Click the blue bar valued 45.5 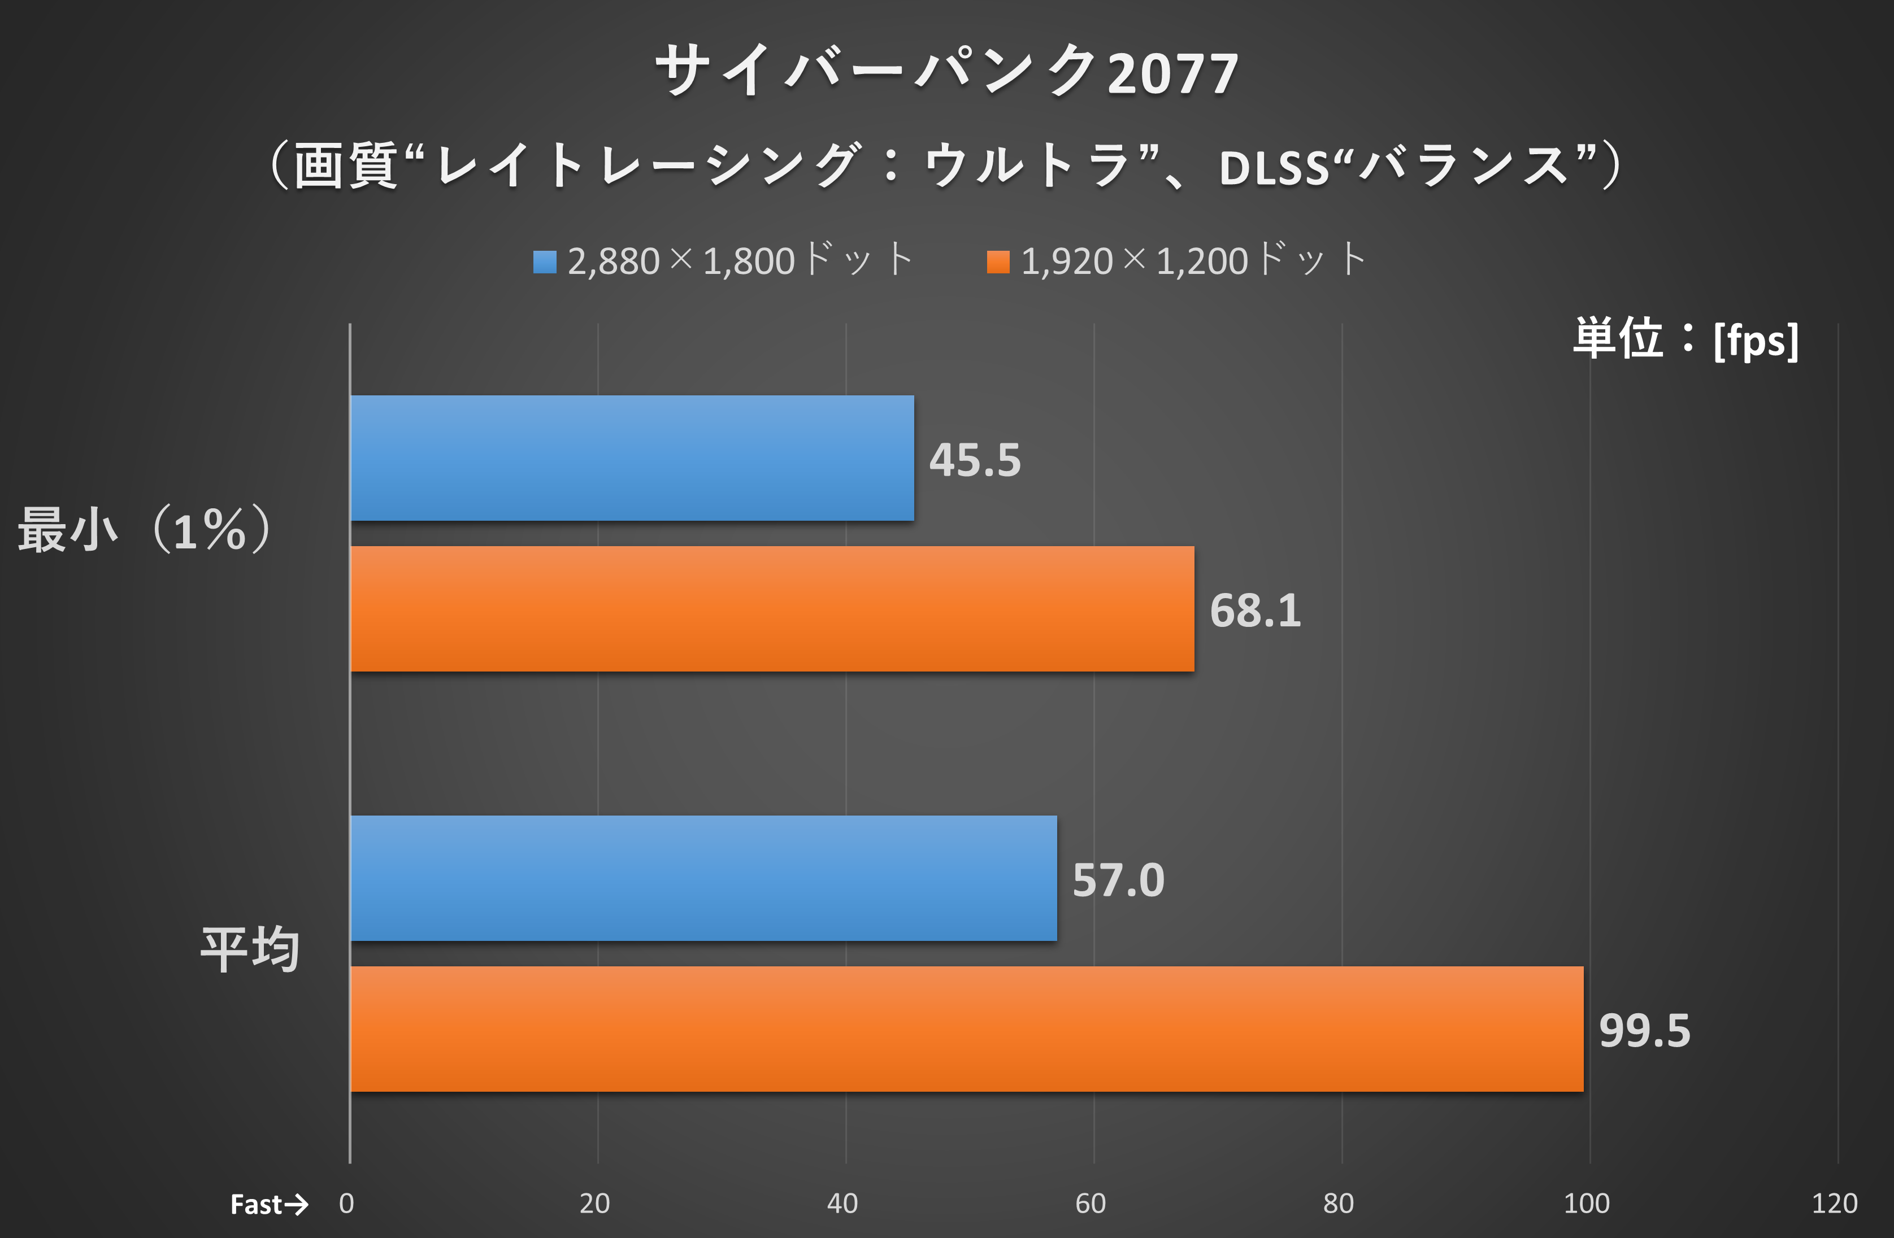point(632,458)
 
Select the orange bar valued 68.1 point(772,609)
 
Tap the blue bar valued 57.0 point(703,878)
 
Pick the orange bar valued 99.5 point(966,1029)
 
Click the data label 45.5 point(975,460)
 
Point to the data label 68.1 point(1255,611)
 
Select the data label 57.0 point(1118,880)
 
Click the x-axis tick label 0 point(346,1204)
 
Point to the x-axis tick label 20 point(594,1204)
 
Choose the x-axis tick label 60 point(1091,1204)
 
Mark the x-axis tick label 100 point(1586,1204)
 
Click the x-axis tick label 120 point(1834,1204)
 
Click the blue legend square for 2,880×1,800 point(544,261)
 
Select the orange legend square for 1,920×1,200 point(998,261)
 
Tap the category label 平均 point(250,950)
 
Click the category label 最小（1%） point(146,530)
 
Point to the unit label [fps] point(1756,341)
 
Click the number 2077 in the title point(1172,74)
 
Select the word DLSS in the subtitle point(1273,168)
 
